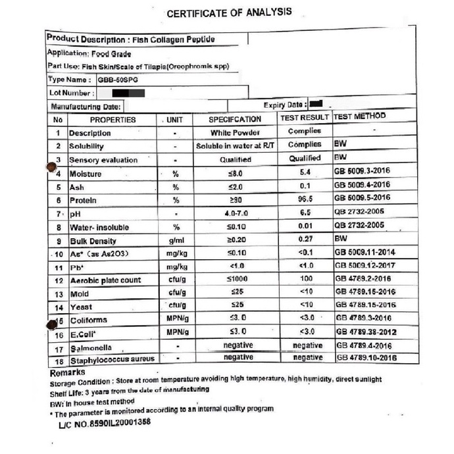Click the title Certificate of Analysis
229,13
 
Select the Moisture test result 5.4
305,172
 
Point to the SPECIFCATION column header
235,120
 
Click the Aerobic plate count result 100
305,279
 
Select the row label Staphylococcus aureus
112,359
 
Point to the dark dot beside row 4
53,168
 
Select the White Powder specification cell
235,133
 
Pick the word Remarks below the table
68,372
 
